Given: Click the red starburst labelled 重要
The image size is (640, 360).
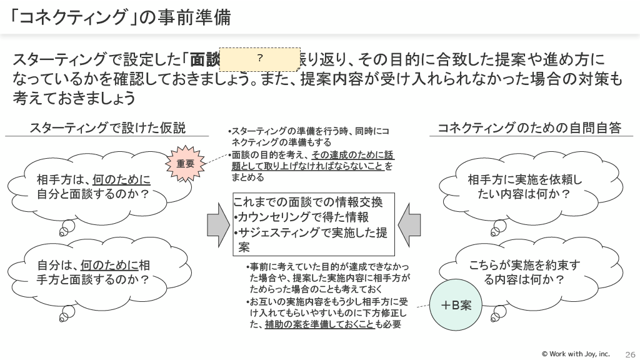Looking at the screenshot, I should coord(186,164).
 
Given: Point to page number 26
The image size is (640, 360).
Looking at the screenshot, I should coord(630,353).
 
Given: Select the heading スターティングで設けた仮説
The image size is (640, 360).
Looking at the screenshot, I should coord(107,128).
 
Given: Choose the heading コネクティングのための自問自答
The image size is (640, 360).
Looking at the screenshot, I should coord(529,128).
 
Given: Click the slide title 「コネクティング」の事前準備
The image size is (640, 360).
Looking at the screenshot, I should coord(122,17).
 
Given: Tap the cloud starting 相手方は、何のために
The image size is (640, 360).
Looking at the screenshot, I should coord(94,186).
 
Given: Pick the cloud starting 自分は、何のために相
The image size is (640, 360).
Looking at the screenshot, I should coord(94,272).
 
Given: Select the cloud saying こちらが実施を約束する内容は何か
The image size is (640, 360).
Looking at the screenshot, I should coord(525,272).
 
